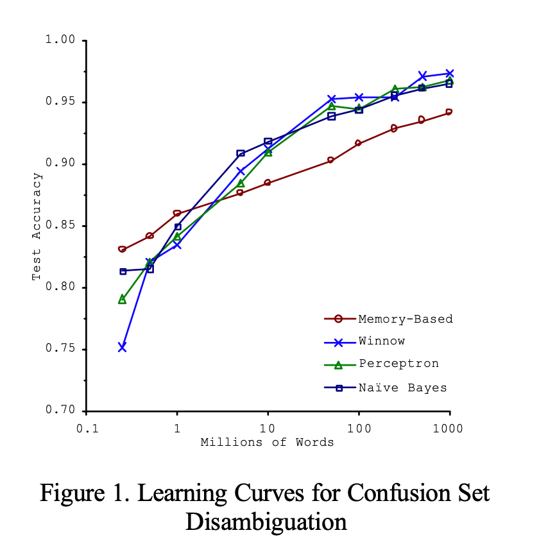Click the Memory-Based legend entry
click(x=406, y=319)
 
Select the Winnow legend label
click(x=382, y=341)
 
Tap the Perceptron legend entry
click(x=398, y=364)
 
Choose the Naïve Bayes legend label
click(x=402, y=387)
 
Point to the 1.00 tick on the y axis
click(x=60, y=40)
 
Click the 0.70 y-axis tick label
click(x=60, y=411)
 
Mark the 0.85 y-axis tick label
click(x=60, y=226)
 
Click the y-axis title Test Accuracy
click(x=37, y=226)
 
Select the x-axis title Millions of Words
click(x=268, y=442)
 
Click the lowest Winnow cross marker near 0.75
click(x=122, y=347)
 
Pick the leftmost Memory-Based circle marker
click(x=122, y=250)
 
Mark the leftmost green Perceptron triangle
click(x=122, y=300)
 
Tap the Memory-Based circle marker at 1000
click(x=449, y=112)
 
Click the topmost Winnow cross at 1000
click(x=449, y=73)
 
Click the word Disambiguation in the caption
click(x=266, y=522)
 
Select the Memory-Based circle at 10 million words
click(x=268, y=183)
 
